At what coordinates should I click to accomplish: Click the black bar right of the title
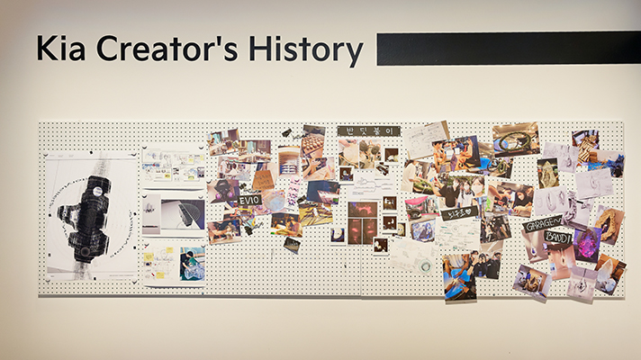coord(508,48)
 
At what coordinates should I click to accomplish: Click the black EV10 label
coord(249,200)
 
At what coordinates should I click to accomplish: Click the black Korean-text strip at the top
coord(368,131)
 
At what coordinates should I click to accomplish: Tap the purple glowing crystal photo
coord(587,244)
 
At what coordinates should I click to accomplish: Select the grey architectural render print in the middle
coord(173,214)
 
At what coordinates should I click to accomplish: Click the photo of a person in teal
coord(192,264)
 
